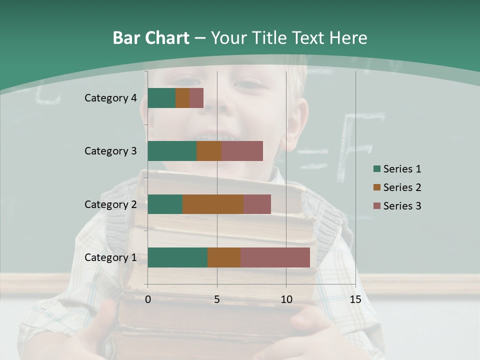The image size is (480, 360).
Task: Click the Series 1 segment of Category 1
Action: pos(177,257)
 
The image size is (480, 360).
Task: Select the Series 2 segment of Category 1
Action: pos(224,257)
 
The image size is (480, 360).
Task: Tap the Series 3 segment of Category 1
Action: pos(275,257)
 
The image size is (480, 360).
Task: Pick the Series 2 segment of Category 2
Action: pos(213,204)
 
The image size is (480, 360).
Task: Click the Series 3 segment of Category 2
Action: pos(257,204)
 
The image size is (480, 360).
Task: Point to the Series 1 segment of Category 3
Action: pos(172,151)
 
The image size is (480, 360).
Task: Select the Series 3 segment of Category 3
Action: pos(242,151)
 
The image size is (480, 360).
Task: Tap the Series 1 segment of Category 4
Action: pos(161,98)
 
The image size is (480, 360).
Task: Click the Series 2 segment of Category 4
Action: pos(182,98)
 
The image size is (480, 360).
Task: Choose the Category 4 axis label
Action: pos(110,98)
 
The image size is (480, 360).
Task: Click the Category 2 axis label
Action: pos(110,204)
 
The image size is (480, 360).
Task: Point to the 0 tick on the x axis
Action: pos(148,299)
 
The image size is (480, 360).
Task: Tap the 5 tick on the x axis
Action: pos(217,299)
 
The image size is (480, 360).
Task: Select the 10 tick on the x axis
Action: pos(286,299)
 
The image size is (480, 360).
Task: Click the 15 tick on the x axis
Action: pos(355,299)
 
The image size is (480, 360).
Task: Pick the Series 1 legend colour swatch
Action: pos(376,169)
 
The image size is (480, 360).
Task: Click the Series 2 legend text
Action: pos(402,187)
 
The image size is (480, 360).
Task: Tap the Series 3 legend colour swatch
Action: pos(376,206)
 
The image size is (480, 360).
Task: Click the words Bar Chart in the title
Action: pos(150,38)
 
